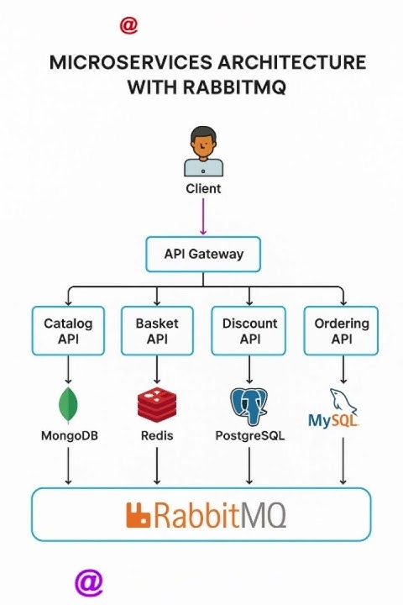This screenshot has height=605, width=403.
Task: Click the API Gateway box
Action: tap(203, 254)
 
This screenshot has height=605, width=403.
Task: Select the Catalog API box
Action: tap(68, 330)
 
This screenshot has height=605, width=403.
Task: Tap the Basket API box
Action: tap(157, 330)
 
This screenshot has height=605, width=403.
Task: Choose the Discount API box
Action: tap(249, 330)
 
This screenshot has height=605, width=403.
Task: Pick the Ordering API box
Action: tap(341, 330)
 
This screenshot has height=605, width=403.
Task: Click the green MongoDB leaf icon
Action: tap(68, 406)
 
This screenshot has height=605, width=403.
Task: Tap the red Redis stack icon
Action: tap(157, 405)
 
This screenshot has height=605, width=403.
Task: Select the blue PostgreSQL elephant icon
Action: tap(249, 406)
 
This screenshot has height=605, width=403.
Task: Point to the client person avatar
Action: tap(203, 151)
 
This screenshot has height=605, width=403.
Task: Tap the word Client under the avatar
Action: tap(203, 188)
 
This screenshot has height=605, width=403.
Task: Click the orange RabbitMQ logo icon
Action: tap(138, 515)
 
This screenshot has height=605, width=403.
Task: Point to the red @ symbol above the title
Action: tap(128, 25)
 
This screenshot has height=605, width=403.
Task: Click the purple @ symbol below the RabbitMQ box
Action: tap(89, 581)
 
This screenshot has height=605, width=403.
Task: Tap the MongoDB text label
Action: tap(68, 435)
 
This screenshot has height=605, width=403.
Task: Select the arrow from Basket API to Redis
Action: tap(157, 369)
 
